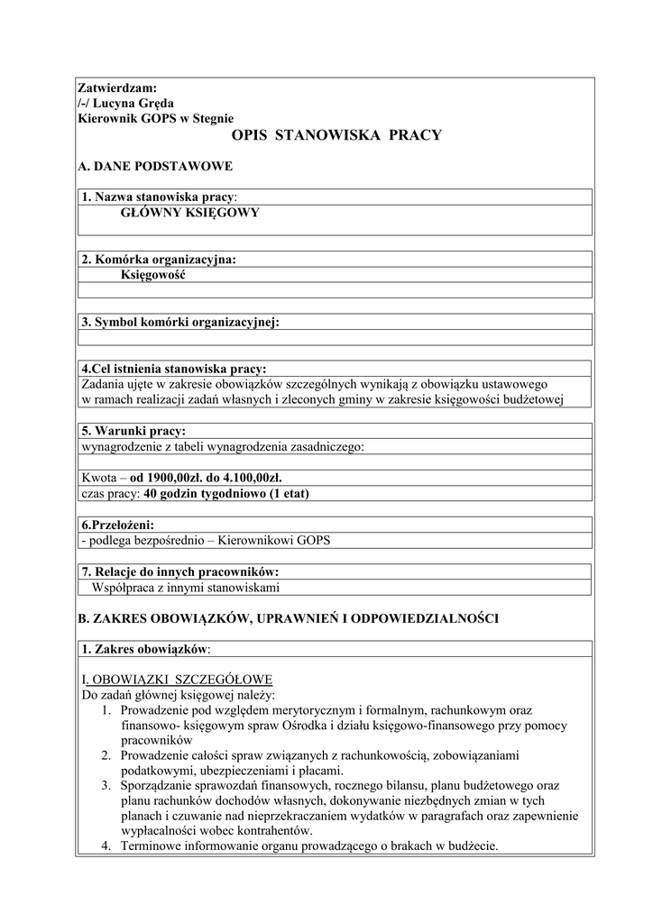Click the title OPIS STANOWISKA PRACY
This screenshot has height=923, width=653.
(336, 136)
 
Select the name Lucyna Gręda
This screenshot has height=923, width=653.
(132, 103)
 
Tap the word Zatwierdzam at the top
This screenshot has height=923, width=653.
(117, 88)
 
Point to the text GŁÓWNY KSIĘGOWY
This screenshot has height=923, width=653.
(190, 213)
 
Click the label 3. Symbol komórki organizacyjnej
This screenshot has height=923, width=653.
(180, 322)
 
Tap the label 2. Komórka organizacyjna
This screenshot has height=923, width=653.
(159, 260)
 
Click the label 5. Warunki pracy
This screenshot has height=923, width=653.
(133, 431)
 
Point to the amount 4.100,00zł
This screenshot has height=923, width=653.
(257, 478)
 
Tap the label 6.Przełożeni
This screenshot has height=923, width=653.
(117, 525)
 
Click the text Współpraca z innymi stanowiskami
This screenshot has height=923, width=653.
(186, 587)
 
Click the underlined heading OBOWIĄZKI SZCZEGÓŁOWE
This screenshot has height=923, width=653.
(180, 679)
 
